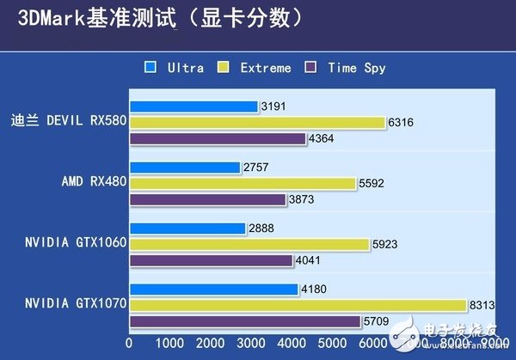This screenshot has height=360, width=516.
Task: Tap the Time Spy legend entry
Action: tap(351, 68)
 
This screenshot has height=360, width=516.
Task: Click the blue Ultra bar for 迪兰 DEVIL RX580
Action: tap(193, 107)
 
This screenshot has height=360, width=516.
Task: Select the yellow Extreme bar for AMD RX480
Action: tap(243, 183)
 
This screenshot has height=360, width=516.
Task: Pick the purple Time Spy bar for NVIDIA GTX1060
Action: tap(211, 260)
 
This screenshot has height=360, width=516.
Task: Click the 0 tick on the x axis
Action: tap(129, 342)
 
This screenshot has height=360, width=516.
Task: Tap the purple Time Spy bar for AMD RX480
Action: tap(207, 199)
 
